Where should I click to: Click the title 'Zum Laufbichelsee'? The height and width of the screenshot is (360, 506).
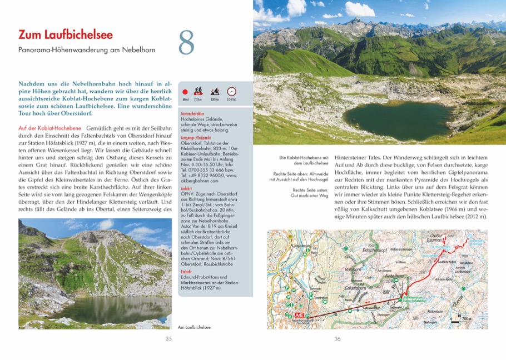tap(65, 34)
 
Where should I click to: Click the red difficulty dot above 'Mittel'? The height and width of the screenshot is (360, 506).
tap(186, 92)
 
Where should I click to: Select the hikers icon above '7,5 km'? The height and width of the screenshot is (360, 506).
tap(198, 91)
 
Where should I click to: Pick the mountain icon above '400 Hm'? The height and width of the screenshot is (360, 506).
tap(215, 91)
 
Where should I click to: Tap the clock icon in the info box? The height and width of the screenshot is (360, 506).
tap(232, 91)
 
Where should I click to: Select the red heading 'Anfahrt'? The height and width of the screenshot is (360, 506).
tap(187, 188)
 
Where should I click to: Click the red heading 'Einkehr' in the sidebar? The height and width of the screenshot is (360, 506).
tap(186, 272)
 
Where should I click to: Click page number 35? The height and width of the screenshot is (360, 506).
tap(168, 339)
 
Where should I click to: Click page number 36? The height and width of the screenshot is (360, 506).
tap(337, 339)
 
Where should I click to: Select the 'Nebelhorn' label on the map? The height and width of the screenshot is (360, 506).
tap(394, 276)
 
